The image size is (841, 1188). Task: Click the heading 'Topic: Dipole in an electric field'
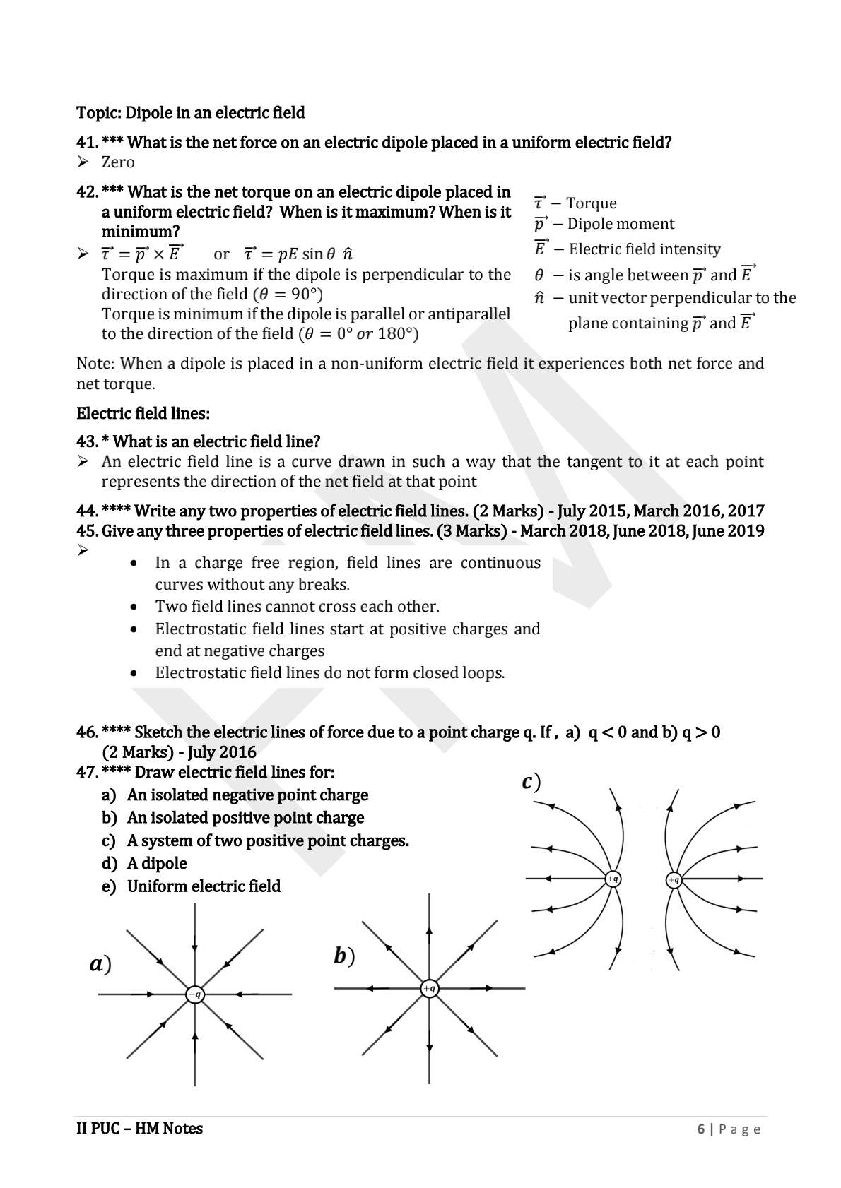pos(190,113)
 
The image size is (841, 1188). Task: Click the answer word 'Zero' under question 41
pos(118,162)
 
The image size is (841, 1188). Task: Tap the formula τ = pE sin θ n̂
pos(298,254)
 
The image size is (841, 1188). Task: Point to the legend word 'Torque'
pos(591,203)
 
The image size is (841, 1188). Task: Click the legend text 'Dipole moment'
pos(621,224)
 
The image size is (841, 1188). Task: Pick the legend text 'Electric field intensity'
pos(644,249)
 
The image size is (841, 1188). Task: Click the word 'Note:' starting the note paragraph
pos(95,364)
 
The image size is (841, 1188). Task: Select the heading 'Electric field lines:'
pos(143,414)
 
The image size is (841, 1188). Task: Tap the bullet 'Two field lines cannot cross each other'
pos(297,607)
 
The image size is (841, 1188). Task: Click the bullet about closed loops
pos(329,673)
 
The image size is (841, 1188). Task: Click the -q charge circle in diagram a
pos(195,994)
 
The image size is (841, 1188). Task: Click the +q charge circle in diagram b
pos(429,988)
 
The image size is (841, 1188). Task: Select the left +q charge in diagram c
pos(613,879)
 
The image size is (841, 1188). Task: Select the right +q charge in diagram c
pos(674,879)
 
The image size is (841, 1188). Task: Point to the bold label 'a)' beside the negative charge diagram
pos(101,963)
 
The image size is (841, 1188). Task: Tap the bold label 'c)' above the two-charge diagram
pos(531,782)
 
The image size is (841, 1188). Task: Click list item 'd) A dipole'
pos(145,864)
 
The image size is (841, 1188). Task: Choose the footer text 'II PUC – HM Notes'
pos(139,1129)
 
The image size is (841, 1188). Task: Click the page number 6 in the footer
pos(700,1129)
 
